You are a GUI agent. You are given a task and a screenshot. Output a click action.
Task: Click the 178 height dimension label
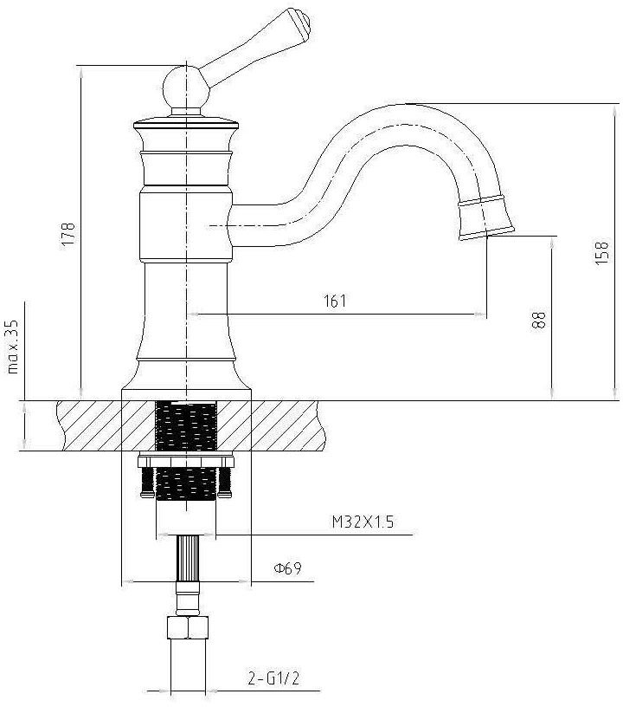68,234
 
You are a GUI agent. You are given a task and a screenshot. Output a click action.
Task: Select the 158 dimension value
602,253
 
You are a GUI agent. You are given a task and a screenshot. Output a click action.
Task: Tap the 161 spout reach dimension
336,301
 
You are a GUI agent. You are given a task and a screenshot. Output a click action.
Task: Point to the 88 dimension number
539,321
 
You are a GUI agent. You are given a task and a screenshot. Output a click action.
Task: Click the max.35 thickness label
13,347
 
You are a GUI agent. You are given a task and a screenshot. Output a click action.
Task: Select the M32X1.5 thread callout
363,522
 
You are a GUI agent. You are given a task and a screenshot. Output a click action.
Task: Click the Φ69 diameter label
287,568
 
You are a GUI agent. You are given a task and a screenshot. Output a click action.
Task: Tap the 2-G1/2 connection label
273,678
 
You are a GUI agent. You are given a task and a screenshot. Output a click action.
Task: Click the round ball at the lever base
186,87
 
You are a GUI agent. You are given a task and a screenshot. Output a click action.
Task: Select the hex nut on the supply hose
187,627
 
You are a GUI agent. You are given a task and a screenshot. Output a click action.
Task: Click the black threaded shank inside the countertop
186,426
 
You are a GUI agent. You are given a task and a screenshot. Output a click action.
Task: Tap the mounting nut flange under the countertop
186,461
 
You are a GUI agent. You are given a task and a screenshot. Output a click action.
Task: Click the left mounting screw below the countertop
147,483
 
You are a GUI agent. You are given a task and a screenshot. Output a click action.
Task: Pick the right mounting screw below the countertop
224,483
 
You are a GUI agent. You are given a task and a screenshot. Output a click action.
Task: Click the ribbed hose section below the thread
187,558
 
